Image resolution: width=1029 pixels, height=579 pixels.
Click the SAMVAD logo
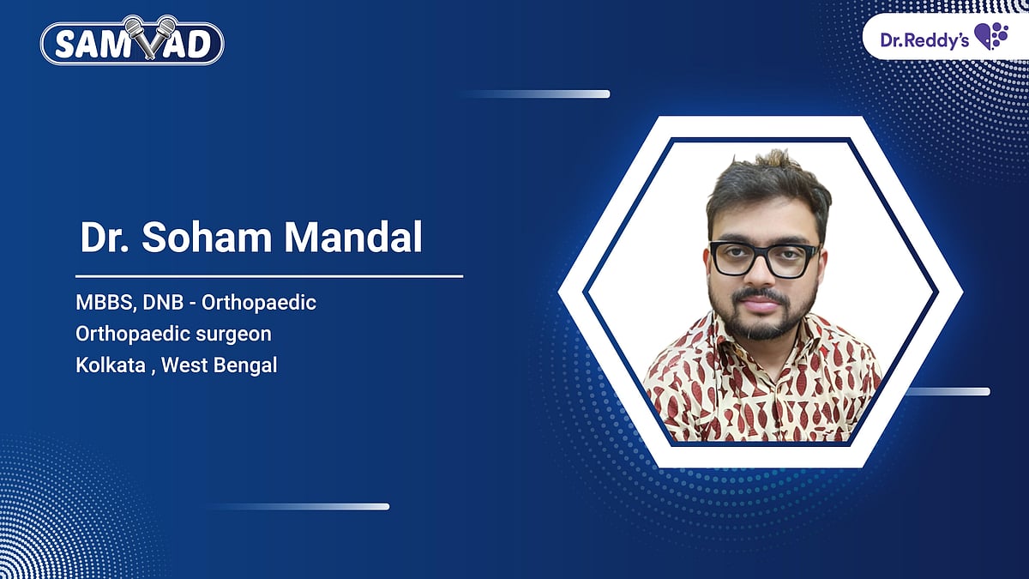132,43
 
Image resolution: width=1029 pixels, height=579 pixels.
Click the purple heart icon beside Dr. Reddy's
991,38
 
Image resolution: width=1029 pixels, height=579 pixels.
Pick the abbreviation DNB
164,303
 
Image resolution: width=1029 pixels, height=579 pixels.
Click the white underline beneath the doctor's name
269,276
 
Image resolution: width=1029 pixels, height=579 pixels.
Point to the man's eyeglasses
763,259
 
